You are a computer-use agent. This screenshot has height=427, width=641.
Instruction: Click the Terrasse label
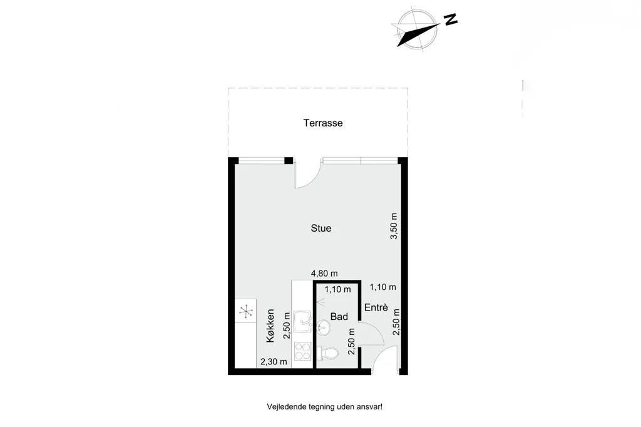click(323, 123)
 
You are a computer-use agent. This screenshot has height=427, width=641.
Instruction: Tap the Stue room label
click(321, 229)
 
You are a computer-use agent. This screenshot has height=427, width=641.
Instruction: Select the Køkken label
click(270, 326)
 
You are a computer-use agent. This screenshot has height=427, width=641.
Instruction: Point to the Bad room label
click(339, 317)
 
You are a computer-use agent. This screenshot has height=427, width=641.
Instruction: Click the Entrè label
click(376, 307)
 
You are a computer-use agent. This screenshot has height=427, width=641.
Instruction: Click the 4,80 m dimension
click(324, 273)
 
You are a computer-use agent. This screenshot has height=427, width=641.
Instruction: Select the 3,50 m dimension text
click(394, 226)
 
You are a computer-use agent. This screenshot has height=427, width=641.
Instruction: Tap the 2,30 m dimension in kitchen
click(274, 361)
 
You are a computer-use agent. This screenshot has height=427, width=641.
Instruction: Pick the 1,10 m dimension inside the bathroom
click(337, 290)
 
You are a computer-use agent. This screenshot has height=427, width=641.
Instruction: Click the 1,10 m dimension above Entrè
click(382, 287)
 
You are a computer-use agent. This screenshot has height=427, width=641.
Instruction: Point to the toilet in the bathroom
click(328, 353)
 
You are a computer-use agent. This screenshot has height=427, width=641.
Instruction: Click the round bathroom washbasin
click(323, 327)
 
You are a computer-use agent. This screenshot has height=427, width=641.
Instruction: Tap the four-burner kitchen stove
click(302, 351)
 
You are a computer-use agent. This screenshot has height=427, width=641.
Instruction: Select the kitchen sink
click(302, 322)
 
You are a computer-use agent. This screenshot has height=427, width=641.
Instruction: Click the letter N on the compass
click(451, 19)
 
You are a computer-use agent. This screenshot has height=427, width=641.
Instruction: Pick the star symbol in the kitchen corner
click(245, 312)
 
